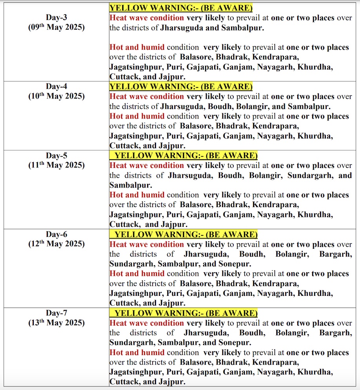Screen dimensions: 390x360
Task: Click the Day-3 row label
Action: point(56,18)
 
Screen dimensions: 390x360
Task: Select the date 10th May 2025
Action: point(56,96)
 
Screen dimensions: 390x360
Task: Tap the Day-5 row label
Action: point(56,156)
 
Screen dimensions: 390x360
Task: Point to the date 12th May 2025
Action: point(56,244)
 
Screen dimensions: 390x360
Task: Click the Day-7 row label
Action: point(56,313)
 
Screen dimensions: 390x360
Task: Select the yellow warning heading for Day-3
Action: point(181,8)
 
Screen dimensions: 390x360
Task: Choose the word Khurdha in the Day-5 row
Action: point(315,215)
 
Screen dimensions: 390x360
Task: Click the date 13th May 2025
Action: point(56,323)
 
